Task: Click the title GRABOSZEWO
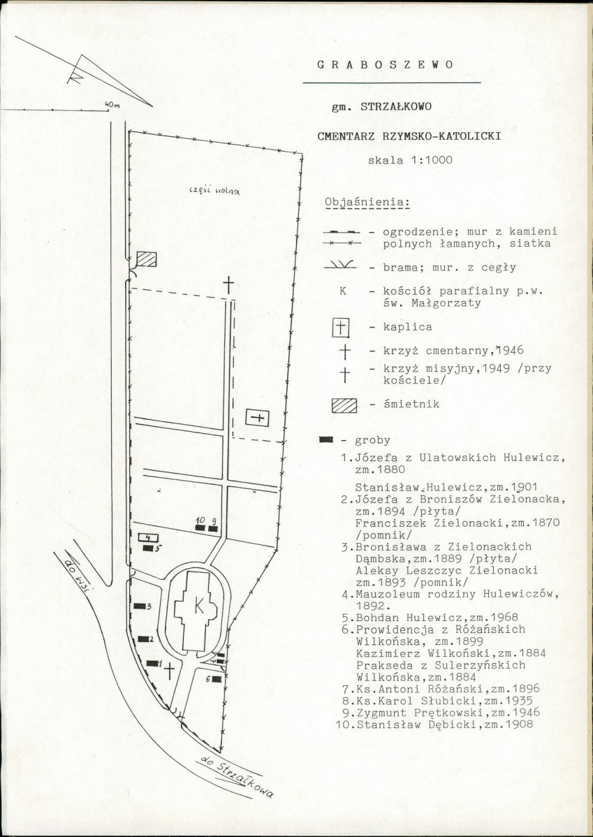(x=386, y=65)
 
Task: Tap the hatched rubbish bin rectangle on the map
(x=146, y=259)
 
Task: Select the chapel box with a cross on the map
(x=257, y=417)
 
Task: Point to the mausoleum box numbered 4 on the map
(x=148, y=537)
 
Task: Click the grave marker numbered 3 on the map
(x=140, y=606)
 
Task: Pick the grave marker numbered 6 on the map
(x=216, y=679)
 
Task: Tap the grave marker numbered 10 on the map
(x=200, y=528)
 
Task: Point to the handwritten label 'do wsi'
(x=78, y=572)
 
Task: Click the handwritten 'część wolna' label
(x=214, y=190)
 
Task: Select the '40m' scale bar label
(x=112, y=105)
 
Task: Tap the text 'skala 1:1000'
(x=410, y=160)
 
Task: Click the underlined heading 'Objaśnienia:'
(x=367, y=203)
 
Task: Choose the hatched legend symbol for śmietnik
(x=344, y=406)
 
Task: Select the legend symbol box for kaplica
(x=341, y=327)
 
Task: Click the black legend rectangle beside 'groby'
(x=326, y=439)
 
